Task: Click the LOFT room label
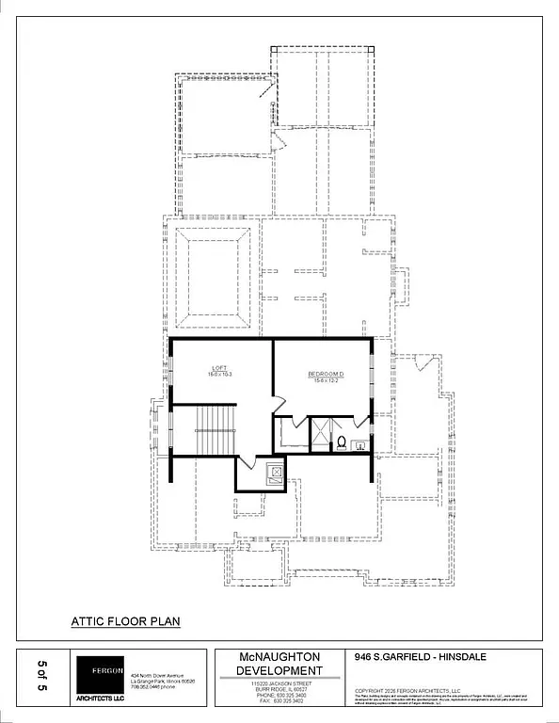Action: [219, 368]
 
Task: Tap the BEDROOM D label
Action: [326, 375]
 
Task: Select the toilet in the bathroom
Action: [342, 442]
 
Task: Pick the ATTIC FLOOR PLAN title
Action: [125, 621]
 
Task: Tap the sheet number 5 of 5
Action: [41, 676]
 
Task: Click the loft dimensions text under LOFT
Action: [219, 375]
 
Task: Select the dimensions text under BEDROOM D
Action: [326, 381]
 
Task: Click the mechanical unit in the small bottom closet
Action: [275, 474]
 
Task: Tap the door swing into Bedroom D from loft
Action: [279, 405]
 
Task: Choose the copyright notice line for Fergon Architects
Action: [407, 690]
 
